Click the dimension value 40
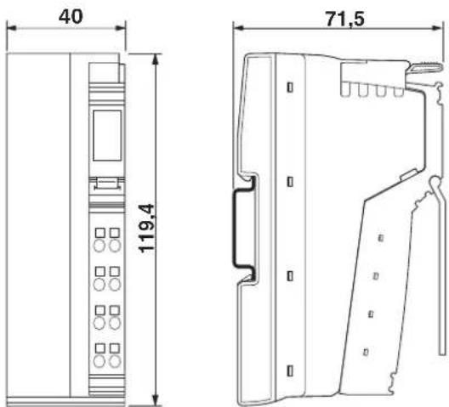(x=71, y=17)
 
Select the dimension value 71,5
(x=345, y=20)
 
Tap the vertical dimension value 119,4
(x=146, y=229)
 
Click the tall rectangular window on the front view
(x=107, y=135)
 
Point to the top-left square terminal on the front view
(x=100, y=233)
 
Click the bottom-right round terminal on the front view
(x=115, y=361)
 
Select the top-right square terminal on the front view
(x=115, y=233)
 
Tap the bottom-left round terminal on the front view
(x=99, y=361)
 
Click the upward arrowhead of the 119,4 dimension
(x=156, y=59)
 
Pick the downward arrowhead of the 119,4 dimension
(x=156, y=399)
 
